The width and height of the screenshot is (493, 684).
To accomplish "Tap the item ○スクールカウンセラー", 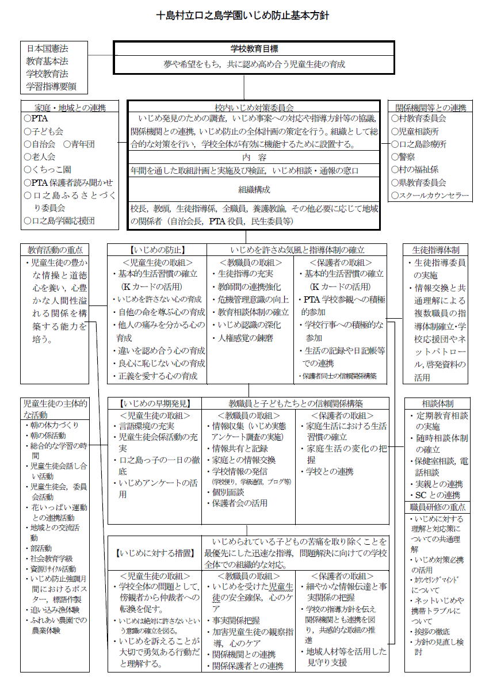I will (x=430, y=196).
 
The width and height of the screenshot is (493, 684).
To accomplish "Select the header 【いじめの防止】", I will (x=157, y=250).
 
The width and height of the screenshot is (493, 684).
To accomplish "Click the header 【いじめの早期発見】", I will (x=156, y=403).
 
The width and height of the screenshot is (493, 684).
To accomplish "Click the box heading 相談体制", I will (x=437, y=403).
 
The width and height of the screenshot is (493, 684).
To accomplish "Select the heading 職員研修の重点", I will (x=437, y=507).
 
